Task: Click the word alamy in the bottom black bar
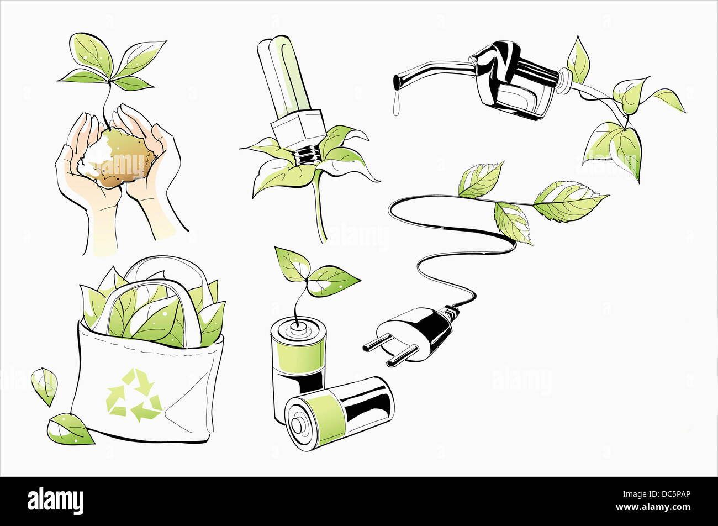(55, 501)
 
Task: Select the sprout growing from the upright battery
(315, 276)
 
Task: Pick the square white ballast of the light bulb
(298, 130)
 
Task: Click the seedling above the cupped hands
(110, 64)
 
